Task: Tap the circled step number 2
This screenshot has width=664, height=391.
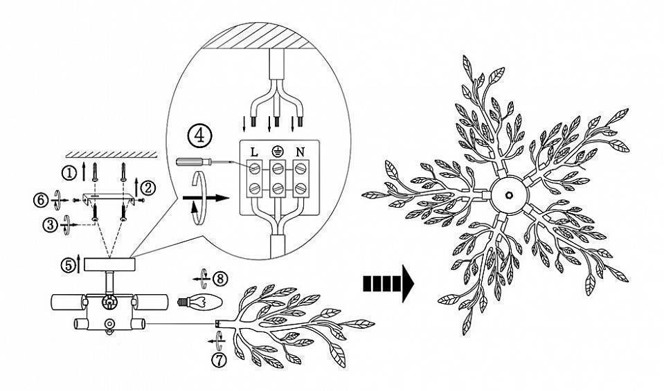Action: [x=149, y=188]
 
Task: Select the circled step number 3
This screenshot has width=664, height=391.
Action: [x=50, y=225]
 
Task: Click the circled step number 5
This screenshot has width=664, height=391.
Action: [x=68, y=265]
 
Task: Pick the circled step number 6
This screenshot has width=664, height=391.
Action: [x=41, y=200]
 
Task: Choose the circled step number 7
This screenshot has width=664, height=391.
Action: [x=219, y=360]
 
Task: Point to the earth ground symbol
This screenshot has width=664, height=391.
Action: [x=277, y=152]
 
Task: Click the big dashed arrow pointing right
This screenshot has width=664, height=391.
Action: [x=388, y=284]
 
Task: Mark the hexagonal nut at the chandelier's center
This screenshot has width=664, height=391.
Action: [x=510, y=195]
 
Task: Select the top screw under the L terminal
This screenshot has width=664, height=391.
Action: [x=254, y=169]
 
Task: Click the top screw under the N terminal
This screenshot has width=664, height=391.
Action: [x=300, y=169]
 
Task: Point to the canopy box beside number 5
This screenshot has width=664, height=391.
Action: [x=109, y=264]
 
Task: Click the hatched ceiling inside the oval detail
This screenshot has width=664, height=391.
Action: [x=259, y=35]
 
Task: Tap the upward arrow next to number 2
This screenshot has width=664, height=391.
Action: [x=136, y=188]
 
